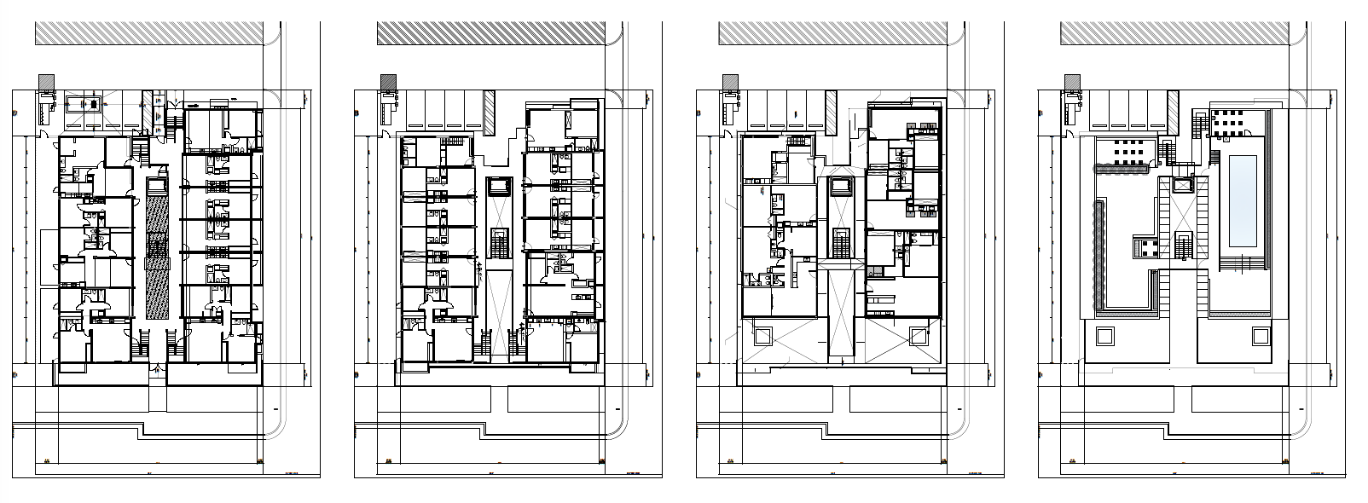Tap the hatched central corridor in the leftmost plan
click(157, 256)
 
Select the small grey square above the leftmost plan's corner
click(46, 83)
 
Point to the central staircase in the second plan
click(499, 243)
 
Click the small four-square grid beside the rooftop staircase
click(1145, 248)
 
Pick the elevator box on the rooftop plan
click(1183, 187)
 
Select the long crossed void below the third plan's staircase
click(841, 311)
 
